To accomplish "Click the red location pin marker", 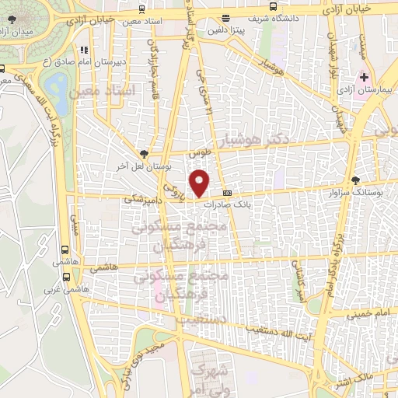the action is tap(201, 183).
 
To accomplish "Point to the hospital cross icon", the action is tap(362, 78).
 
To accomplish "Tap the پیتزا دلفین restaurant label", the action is tap(225, 30).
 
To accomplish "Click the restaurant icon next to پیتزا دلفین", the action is tap(225, 17).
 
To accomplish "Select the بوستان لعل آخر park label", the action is tap(143, 166).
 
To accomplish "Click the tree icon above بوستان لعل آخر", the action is tap(143, 153).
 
